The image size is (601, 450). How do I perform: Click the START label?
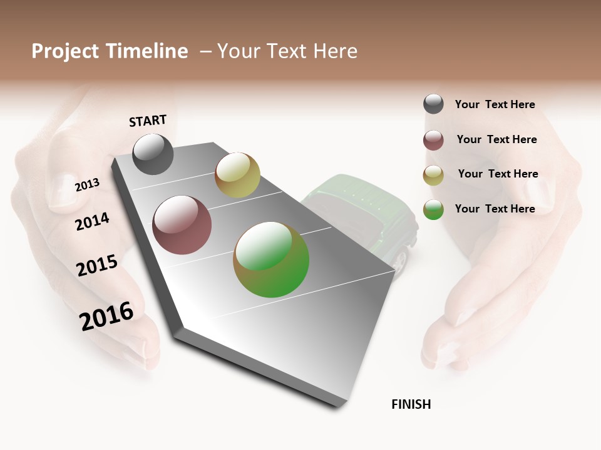coord(148,121)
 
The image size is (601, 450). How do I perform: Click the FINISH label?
coord(411,404)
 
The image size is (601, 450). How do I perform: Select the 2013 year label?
coord(87,184)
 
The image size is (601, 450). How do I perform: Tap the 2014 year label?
coord(92,221)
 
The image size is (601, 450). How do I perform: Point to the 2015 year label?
coord(97,266)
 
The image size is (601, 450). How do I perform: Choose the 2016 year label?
coord(106,316)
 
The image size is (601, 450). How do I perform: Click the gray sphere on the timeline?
coord(153,154)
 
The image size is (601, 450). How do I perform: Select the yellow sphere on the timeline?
coord(237,175)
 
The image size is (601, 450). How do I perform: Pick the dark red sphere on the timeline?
coord(182,225)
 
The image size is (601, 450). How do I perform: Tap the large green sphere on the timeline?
coord(271,259)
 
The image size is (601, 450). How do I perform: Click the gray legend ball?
coord(433,104)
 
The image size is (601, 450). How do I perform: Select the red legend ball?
coord(433,140)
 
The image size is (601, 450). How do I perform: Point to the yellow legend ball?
coord(433,175)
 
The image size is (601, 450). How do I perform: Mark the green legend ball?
coord(433,209)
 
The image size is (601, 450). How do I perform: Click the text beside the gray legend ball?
coord(495,104)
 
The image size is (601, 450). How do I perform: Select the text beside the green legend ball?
coord(495,209)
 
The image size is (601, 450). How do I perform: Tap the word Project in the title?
coord(65,51)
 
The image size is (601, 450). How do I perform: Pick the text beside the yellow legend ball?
coord(498,174)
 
